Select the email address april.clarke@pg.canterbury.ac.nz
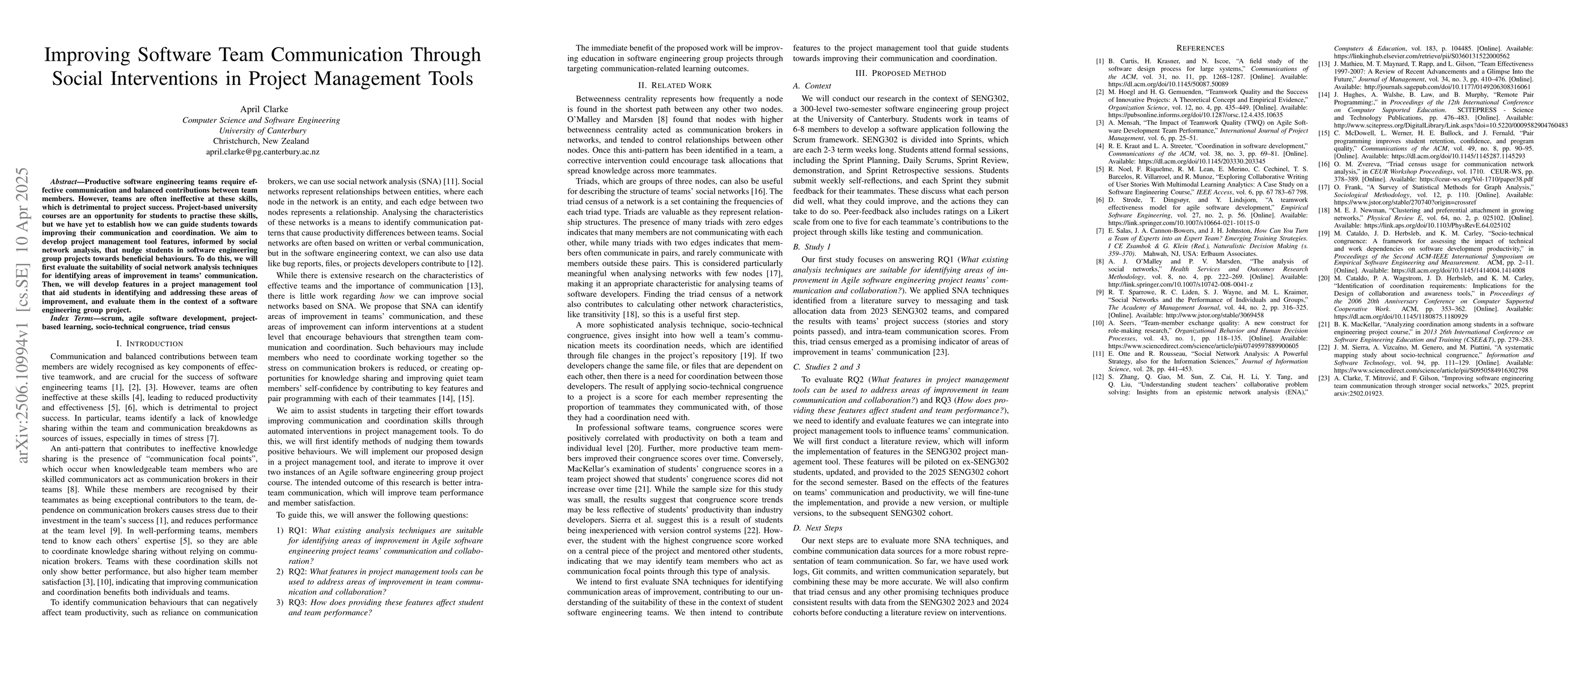pos(262,152)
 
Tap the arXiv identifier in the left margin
pos(23,314)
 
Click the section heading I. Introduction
pos(149,343)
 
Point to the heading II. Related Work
pos(675,85)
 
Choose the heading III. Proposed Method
pos(900,73)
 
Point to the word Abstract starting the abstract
pos(65,182)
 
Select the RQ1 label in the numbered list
pos(298,530)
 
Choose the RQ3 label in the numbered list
pos(298,602)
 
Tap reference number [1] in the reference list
pos(1099,61)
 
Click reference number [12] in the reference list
pos(1099,377)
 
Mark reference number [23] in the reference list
pos(1323,379)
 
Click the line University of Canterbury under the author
pos(262,131)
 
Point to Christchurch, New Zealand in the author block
pos(262,141)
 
